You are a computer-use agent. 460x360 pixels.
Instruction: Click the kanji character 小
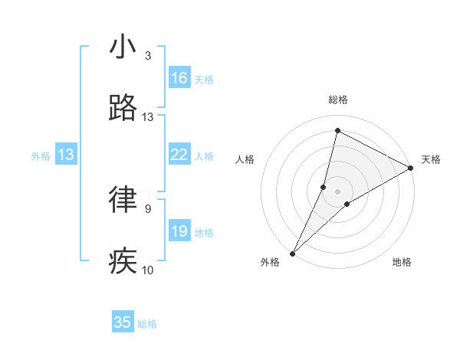(123, 47)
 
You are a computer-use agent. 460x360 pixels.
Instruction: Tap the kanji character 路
(123, 109)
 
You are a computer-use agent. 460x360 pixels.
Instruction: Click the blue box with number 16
(179, 78)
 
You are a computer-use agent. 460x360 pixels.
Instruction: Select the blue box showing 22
(179, 155)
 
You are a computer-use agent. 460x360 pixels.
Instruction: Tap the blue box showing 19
(179, 231)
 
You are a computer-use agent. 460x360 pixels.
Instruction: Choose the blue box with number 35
(123, 322)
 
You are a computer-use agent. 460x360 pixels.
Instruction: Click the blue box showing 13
(66, 155)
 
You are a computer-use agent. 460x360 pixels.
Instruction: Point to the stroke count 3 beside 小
(148, 56)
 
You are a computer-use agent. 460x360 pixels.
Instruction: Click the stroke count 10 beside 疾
(148, 270)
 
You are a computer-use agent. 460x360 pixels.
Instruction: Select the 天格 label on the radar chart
(431, 159)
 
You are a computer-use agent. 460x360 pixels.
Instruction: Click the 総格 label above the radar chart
(338, 100)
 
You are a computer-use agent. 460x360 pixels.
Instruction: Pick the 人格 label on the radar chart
(245, 159)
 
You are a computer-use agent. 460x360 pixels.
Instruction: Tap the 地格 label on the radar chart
(402, 262)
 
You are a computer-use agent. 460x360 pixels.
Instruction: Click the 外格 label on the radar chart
(270, 262)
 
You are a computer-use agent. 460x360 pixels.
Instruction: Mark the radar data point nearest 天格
(411, 169)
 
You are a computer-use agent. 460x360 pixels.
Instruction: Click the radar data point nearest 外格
(292, 253)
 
